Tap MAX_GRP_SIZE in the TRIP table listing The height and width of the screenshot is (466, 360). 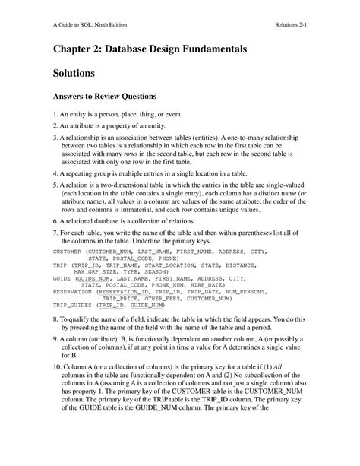point(95,271)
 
